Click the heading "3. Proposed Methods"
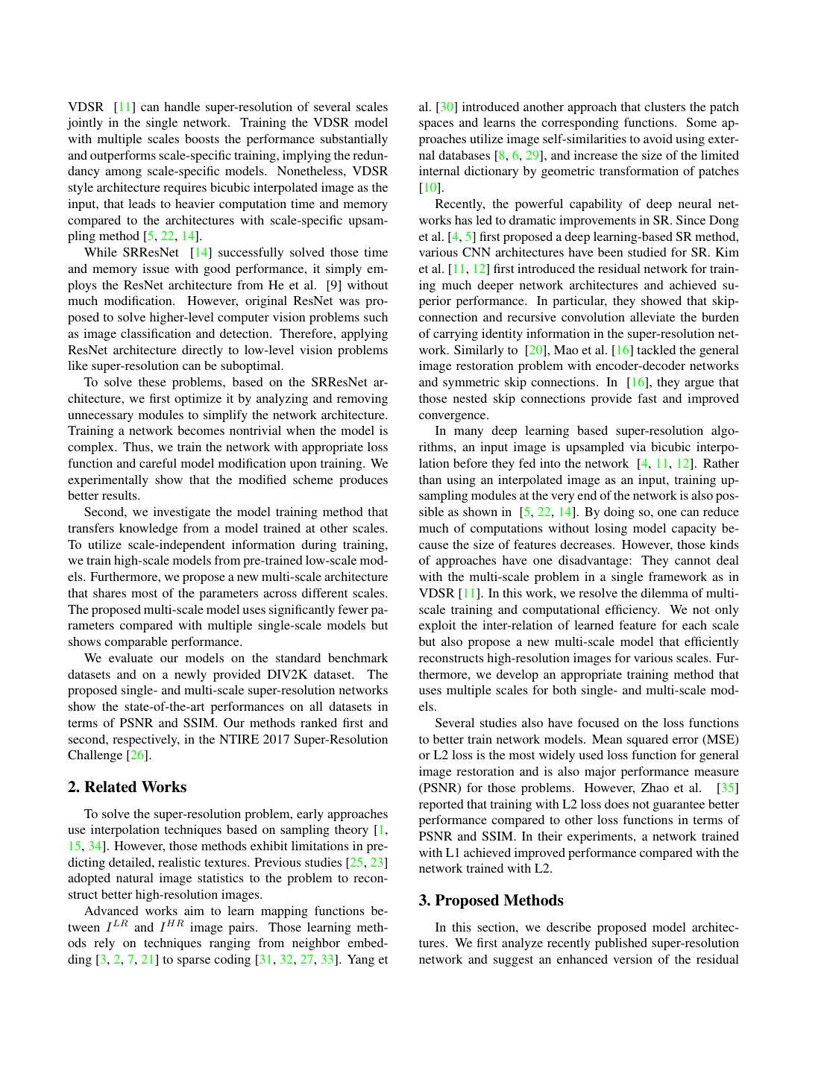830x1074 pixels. click(491, 900)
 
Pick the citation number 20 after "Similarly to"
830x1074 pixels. click(535, 350)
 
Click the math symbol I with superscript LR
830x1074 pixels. click(113, 927)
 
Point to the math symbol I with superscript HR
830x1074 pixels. click(172, 927)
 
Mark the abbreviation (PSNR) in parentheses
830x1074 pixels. click(439, 788)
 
